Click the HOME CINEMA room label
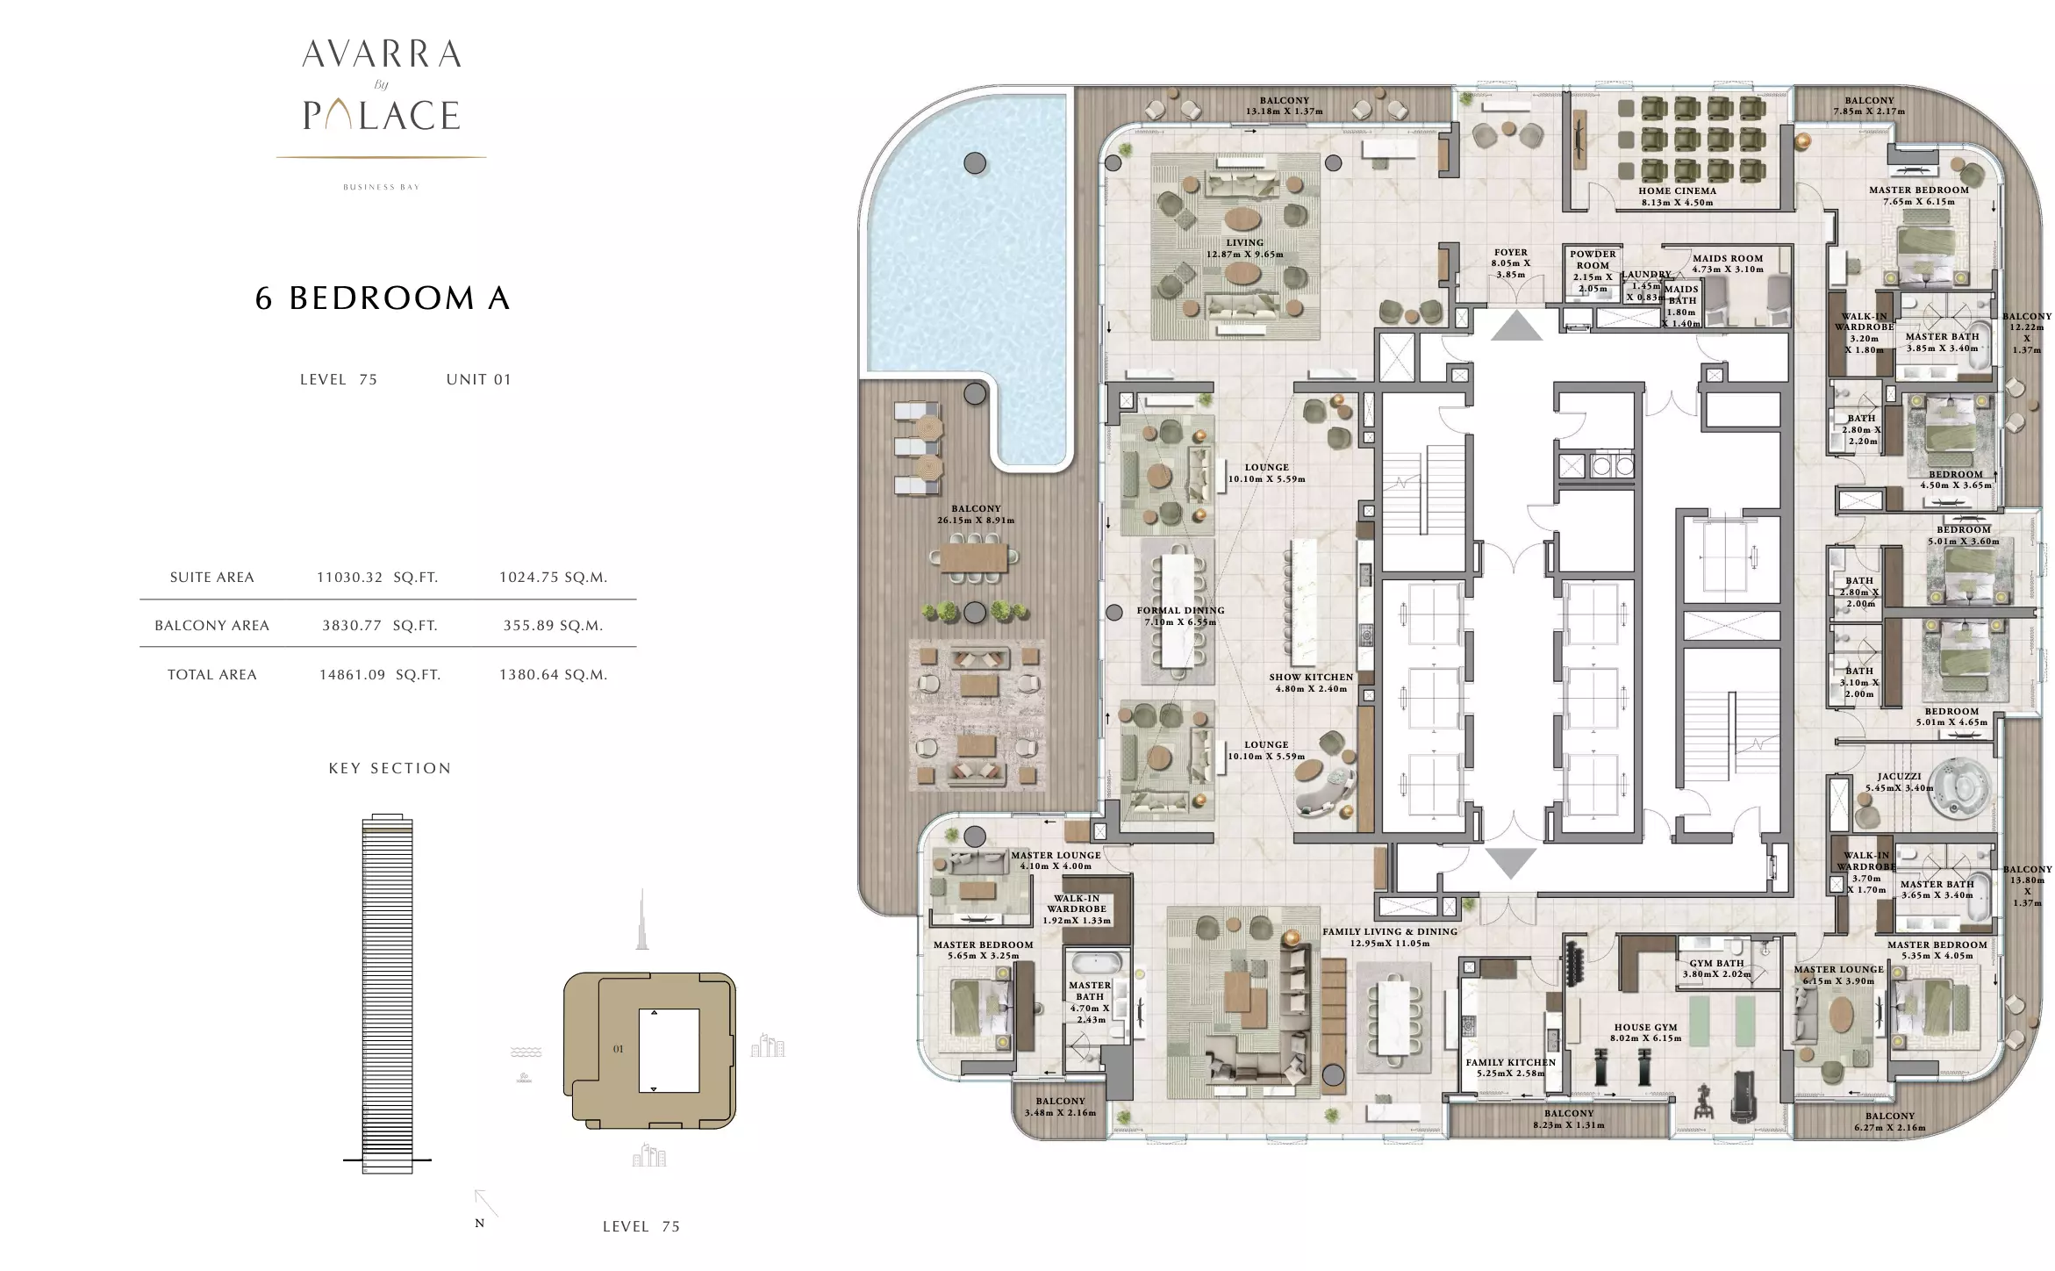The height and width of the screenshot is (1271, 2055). (x=1677, y=190)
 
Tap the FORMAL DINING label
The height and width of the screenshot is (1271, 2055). (x=1180, y=610)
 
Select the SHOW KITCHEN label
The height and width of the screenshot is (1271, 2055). (x=1311, y=677)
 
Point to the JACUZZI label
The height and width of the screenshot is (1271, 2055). (x=1899, y=777)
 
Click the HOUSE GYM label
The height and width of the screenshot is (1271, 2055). (x=1645, y=1027)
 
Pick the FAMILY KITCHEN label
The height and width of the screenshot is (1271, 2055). (x=1510, y=1062)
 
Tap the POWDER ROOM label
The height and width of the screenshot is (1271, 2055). (x=1593, y=260)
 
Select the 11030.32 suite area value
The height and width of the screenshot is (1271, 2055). (x=349, y=578)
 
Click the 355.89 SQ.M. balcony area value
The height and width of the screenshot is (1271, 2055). (x=553, y=626)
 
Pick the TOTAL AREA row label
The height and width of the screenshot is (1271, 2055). (x=212, y=675)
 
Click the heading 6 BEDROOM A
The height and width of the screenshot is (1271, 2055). (x=383, y=298)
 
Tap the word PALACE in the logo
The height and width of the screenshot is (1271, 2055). (x=382, y=115)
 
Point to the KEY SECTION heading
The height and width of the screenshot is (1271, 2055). (x=390, y=768)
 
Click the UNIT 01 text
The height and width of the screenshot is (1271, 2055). (x=478, y=379)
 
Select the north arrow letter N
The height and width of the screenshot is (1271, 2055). (x=479, y=1224)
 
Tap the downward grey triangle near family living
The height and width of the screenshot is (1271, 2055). (x=1510, y=863)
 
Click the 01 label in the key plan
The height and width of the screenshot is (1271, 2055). (x=619, y=1049)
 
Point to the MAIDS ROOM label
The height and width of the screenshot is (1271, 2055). (x=1728, y=258)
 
